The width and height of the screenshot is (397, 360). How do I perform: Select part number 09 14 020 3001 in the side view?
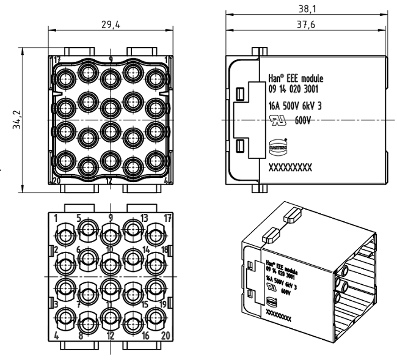coord(293,90)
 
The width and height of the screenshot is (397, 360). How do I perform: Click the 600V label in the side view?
coord(304,120)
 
